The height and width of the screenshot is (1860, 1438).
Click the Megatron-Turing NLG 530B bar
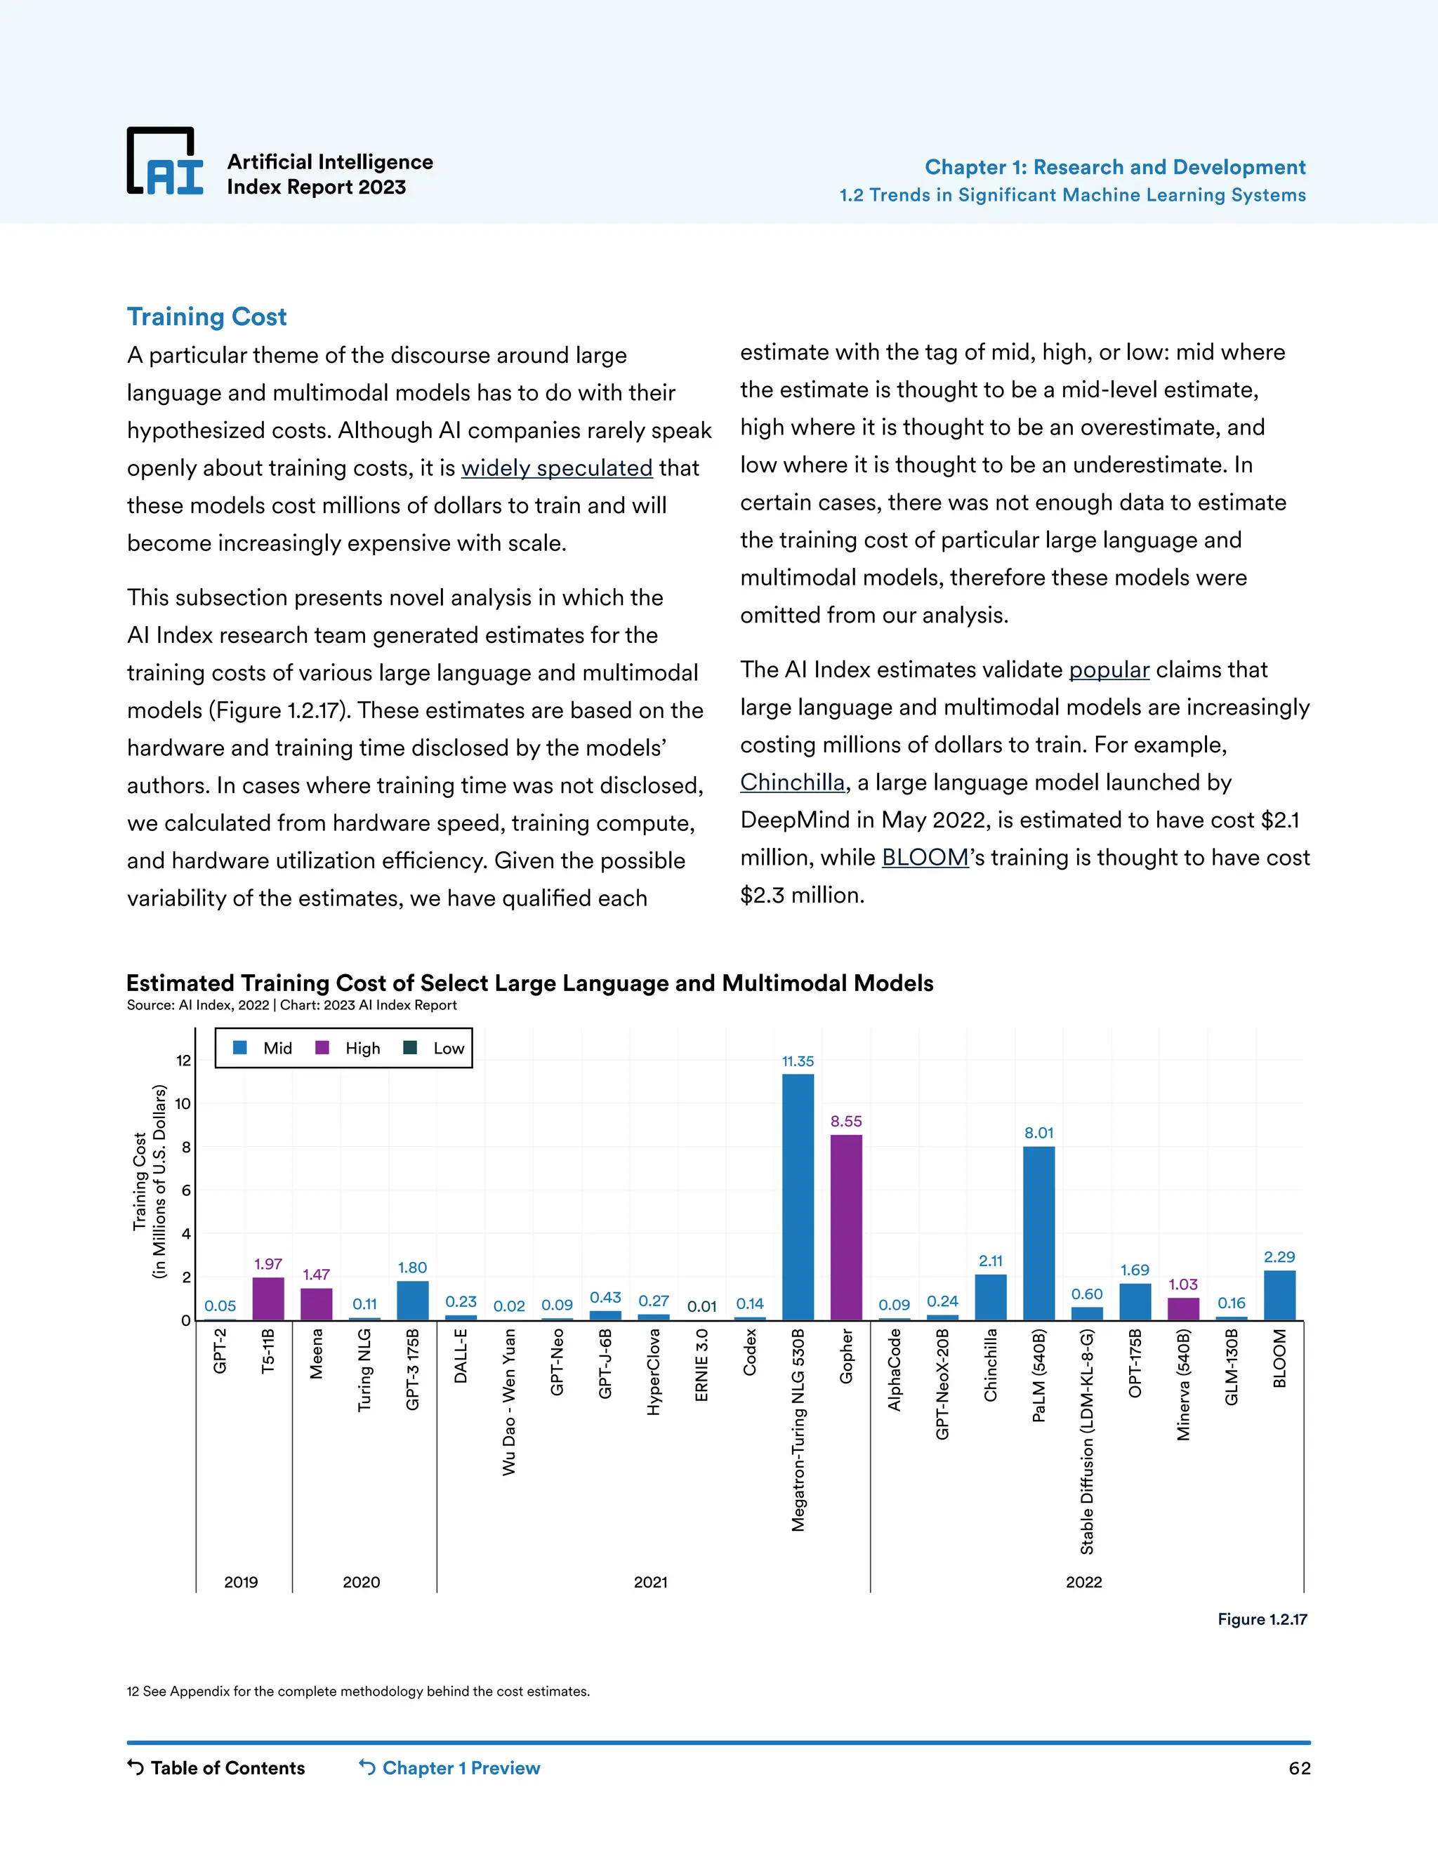[x=798, y=1197]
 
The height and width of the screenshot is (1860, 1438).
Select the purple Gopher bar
[x=846, y=1227]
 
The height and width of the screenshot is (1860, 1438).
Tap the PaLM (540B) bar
[x=1038, y=1233]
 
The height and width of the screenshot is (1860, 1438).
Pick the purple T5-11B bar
[x=268, y=1298]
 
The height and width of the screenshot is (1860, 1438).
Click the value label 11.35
[x=798, y=1061]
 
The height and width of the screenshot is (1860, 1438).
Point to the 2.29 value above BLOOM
[x=1279, y=1257]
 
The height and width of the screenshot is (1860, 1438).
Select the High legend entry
[x=348, y=1049]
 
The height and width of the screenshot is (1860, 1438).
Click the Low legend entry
[x=435, y=1049]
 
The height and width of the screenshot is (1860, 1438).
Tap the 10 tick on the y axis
[x=183, y=1104]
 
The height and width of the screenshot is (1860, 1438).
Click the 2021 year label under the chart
[x=650, y=1581]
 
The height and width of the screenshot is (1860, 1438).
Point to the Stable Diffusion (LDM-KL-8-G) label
[x=1087, y=1442]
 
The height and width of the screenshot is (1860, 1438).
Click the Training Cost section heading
[x=207, y=317]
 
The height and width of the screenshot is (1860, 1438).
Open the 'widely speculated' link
[x=556, y=468]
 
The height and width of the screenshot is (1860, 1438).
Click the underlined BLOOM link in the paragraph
[x=925, y=858]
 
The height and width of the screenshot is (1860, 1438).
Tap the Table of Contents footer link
[x=216, y=1768]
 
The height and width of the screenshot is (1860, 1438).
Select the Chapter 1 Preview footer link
[x=450, y=1768]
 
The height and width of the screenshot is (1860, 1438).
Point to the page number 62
[x=1299, y=1768]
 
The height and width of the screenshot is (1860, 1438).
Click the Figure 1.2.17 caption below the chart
[x=1262, y=1619]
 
